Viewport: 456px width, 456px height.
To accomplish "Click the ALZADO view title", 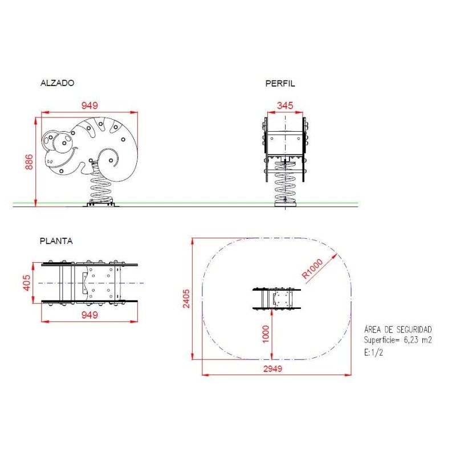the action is (x=58, y=83).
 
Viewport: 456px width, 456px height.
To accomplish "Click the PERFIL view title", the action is (x=280, y=84).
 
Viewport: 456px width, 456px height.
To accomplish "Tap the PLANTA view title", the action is (x=56, y=241).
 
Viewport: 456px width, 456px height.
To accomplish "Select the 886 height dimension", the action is (x=29, y=162).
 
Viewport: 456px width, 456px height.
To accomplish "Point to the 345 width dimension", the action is (x=285, y=105).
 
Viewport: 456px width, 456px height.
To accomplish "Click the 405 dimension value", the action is (x=26, y=283).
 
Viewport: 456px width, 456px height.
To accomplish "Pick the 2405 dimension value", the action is (x=186, y=299).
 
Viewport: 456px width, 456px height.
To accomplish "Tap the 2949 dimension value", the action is (x=273, y=369).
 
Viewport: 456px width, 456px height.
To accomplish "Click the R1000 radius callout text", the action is (x=312, y=269).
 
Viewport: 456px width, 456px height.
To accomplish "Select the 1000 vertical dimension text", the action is (x=266, y=334).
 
